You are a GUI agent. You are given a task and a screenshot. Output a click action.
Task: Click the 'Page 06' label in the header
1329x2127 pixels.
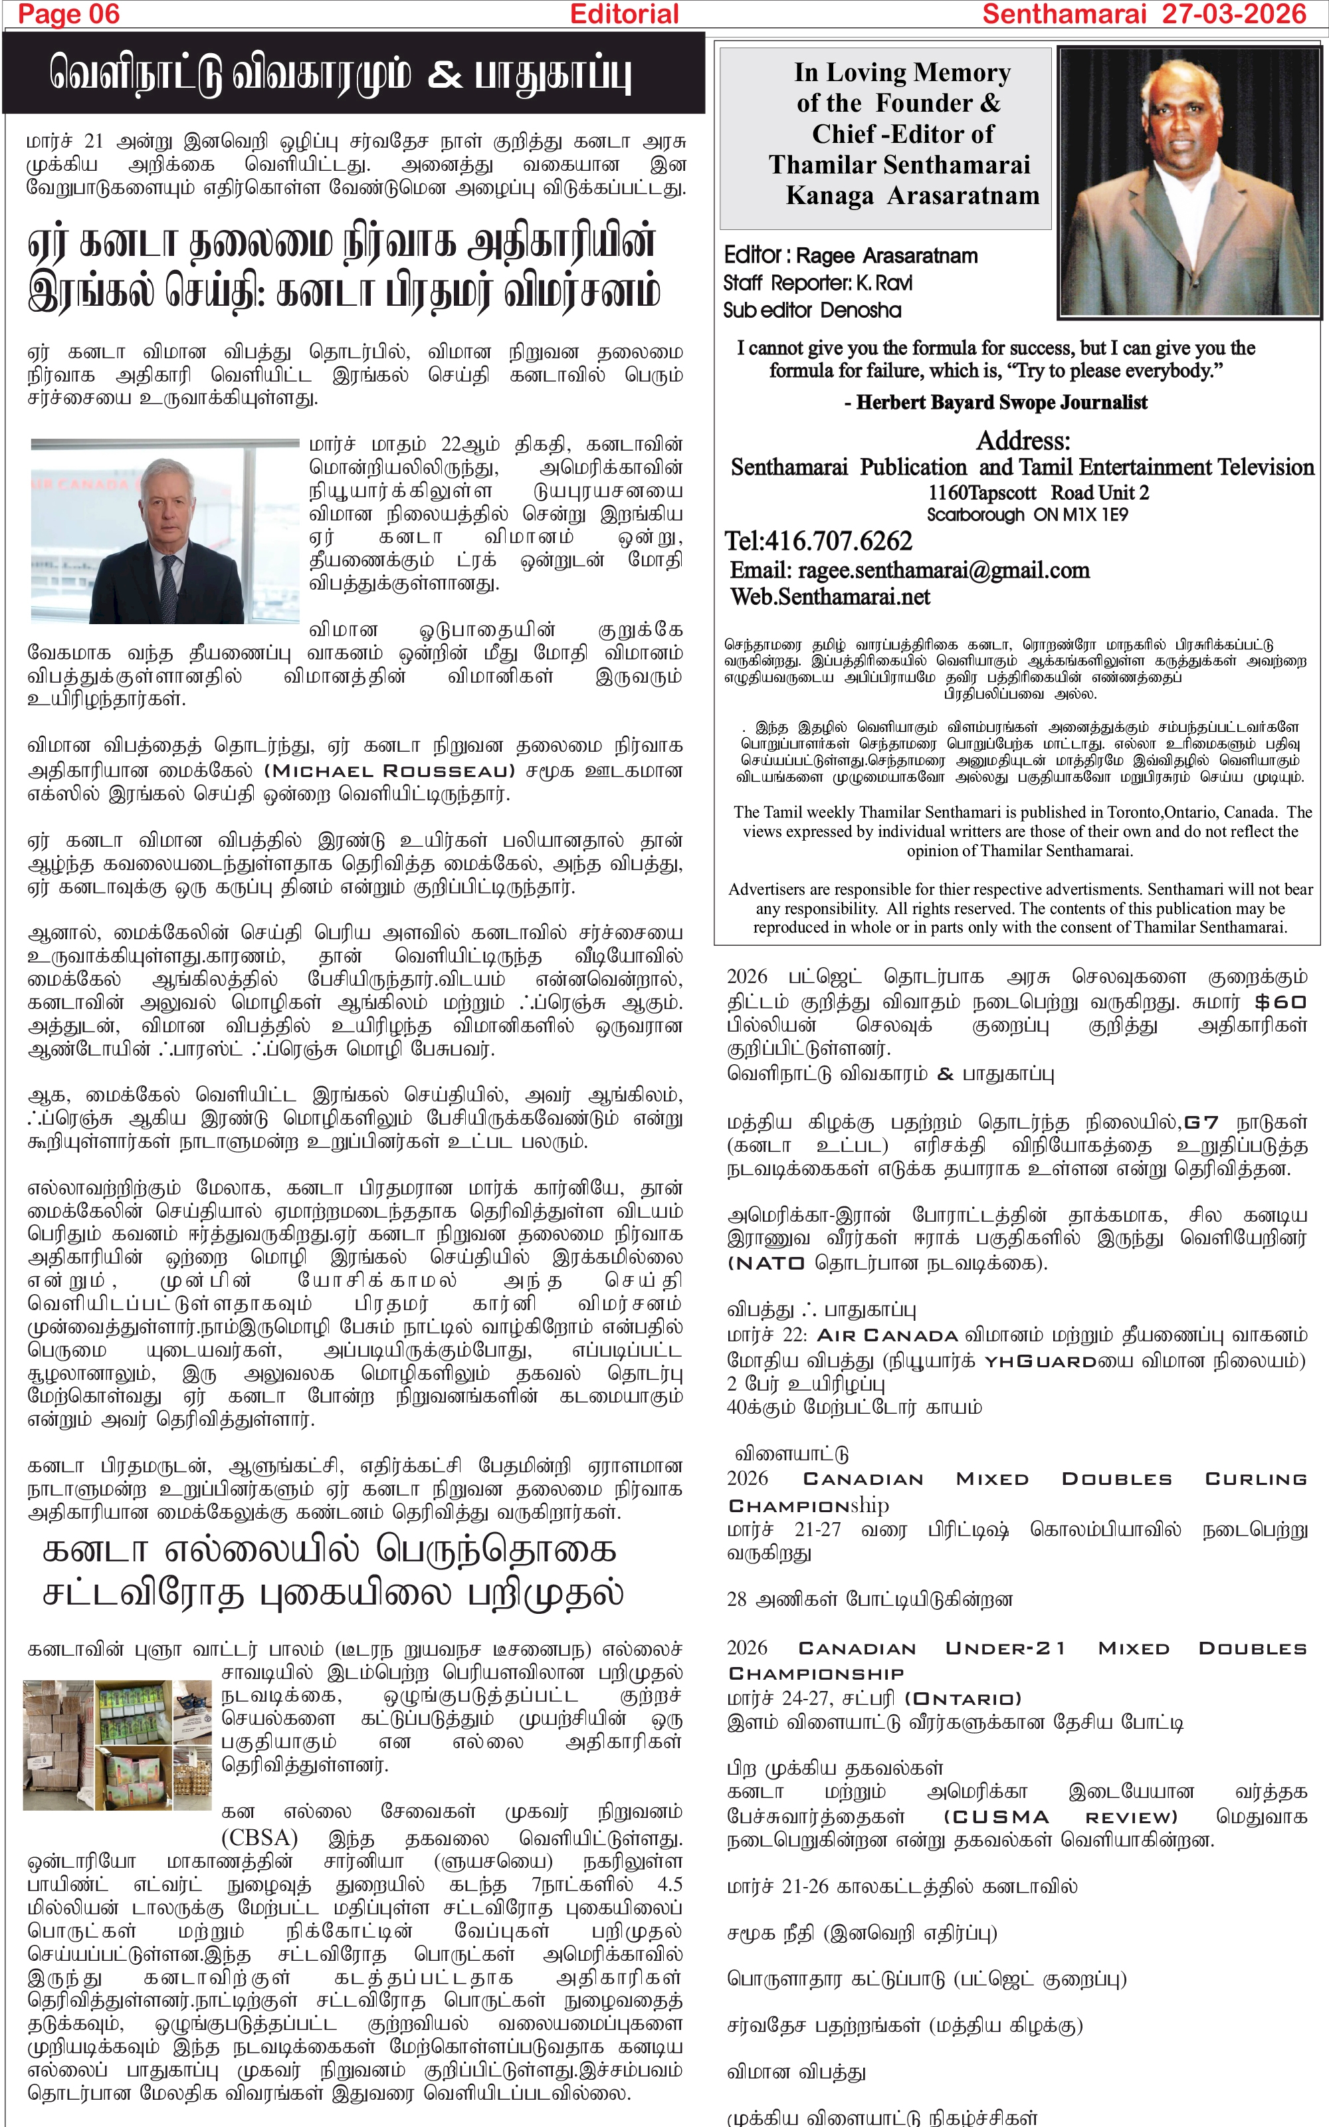(x=68, y=14)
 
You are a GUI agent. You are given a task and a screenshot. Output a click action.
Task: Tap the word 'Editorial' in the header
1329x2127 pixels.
(x=624, y=14)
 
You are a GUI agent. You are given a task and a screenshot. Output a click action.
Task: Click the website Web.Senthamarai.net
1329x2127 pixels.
(x=830, y=597)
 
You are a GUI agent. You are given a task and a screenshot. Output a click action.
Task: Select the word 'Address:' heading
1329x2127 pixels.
(x=1023, y=440)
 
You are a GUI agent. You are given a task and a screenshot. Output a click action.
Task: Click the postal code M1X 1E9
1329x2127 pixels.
(x=1094, y=515)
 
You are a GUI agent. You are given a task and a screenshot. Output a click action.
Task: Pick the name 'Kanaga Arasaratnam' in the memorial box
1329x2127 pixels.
(x=912, y=195)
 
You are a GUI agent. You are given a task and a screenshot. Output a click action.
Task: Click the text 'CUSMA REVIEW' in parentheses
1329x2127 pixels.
(x=1060, y=1817)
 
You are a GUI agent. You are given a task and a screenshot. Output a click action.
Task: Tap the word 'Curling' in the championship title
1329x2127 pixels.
(x=1255, y=1479)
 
